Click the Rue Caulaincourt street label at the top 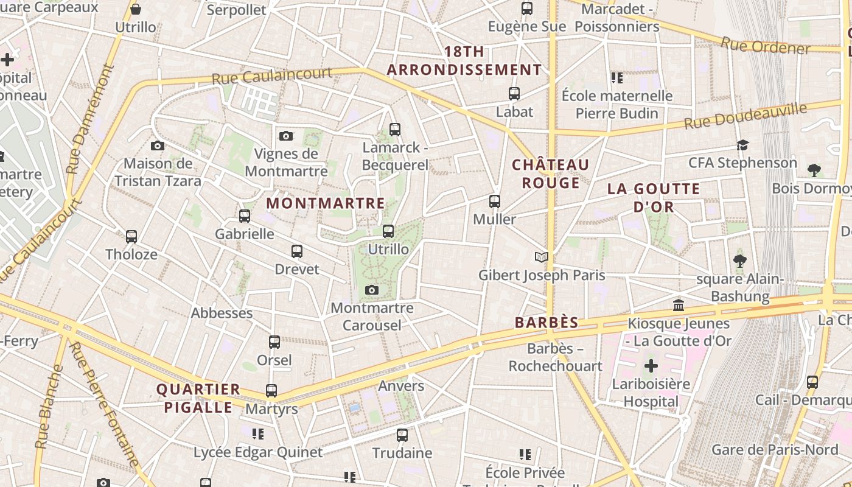pos(272,76)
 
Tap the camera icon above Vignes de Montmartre pos(286,136)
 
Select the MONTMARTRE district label pos(326,203)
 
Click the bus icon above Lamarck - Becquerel pos(395,129)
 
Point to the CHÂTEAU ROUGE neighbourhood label pos(550,173)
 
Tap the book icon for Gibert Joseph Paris pos(542,257)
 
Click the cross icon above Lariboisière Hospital pos(651,366)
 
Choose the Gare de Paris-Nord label pos(775,450)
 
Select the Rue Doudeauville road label pos(745,116)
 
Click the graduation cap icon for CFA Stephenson pos(742,145)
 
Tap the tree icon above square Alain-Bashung pos(740,261)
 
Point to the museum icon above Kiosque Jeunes pos(679,305)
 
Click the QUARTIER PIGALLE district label pos(198,398)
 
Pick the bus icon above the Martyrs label pos(271,391)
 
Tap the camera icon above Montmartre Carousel pos(372,290)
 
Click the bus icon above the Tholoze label pos(131,237)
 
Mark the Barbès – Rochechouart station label pos(556,357)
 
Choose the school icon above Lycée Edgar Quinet pos(258,434)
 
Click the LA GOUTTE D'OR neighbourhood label pos(654,198)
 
